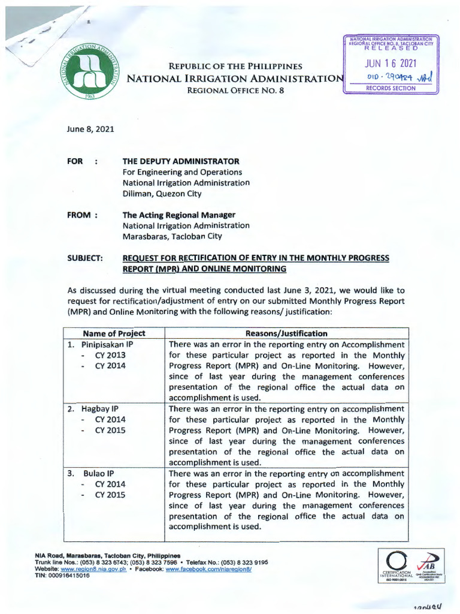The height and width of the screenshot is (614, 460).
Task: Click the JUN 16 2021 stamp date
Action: [x=391, y=64]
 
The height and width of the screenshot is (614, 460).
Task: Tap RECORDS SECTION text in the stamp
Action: [x=391, y=88]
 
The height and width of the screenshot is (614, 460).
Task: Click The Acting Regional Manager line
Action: [x=179, y=215]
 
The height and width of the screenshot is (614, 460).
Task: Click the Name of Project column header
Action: [x=114, y=333]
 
